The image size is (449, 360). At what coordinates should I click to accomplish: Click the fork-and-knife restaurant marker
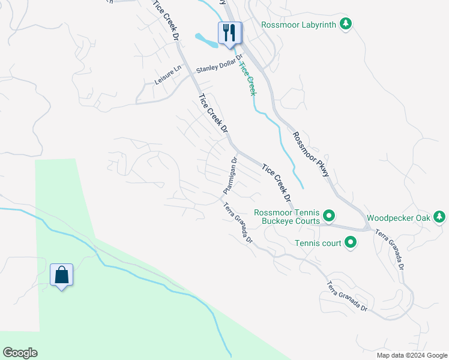pos(229,32)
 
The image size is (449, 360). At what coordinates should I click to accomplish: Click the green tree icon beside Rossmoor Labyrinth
pos(345,24)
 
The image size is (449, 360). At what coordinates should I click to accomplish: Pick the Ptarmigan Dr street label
pos(231,175)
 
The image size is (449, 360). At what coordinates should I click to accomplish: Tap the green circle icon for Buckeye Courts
pos(329,215)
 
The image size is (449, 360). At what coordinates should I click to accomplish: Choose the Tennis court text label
pos(318,243)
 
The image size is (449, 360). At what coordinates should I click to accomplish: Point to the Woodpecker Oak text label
pos(399,218)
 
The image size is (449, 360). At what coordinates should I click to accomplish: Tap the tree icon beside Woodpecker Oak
pos(440,217)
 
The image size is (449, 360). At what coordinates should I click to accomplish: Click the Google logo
pos(20,353)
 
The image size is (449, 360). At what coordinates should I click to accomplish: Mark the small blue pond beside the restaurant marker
pos(205,41)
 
